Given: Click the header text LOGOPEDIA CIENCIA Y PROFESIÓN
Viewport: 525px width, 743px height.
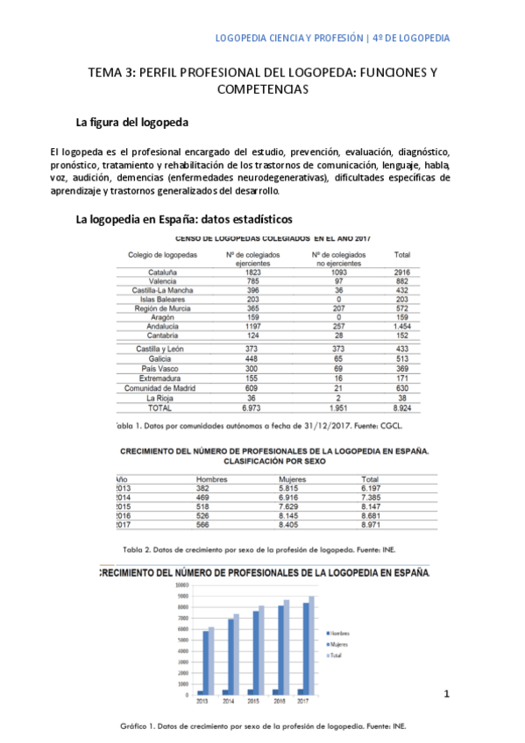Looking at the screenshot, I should point(289,39).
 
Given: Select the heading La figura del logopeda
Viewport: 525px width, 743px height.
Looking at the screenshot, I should point(131,121).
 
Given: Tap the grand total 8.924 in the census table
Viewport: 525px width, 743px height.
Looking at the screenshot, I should point(402,408).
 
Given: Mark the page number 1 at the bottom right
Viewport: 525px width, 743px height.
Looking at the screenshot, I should point(446,695).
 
